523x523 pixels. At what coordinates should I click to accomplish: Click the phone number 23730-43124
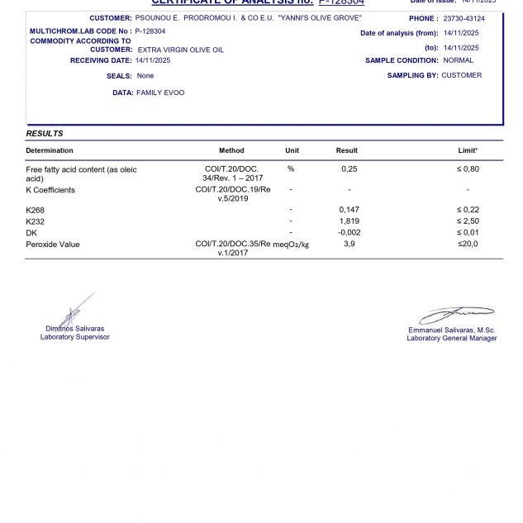pyautogui.click(x=464, y=18)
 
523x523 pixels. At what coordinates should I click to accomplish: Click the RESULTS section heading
pyautogui.click(x=45, y=133)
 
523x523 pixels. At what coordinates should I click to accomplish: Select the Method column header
pyautogui.click(x=231, y=150)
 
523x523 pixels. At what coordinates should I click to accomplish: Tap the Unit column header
pyautogui.click(x=292, y=150)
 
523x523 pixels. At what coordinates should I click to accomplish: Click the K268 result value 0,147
pyautogui.click(x=349, y=210)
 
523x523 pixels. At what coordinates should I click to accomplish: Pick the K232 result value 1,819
pyautogui.click(x=349, y=221)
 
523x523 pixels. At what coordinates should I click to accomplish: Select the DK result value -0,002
pyautogui.click(x=349, y=233)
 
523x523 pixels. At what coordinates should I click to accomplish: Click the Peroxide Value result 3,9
pyautogui.click(x=349, y=244)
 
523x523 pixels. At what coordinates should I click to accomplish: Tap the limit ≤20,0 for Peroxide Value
pyautogui.click(x=468, y=244)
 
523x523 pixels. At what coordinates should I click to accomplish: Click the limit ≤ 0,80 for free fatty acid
pyautogui.click(x=468, y=169)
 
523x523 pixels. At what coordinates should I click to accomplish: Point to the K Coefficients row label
pyautogui.click(x=50, y=190)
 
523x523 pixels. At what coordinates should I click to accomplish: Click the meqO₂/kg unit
pyautogui.click(x=293, y=245)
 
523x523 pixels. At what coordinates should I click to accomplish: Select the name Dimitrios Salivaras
pyautogui.click(x=74, y=329)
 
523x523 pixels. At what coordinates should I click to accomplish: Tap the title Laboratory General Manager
pyautogui.click(x=452, y=338)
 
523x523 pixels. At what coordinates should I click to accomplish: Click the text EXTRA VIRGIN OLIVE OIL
pyautogui.click(x=180, y=50)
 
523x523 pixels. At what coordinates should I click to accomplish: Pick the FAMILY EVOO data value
pyautogui.click(x=160, y=93)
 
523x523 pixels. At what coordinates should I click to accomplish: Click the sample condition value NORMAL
pyautogui.click(x=459, y=60)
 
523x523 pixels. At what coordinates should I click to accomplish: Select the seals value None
pyautogui.click(x=145, y=75)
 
